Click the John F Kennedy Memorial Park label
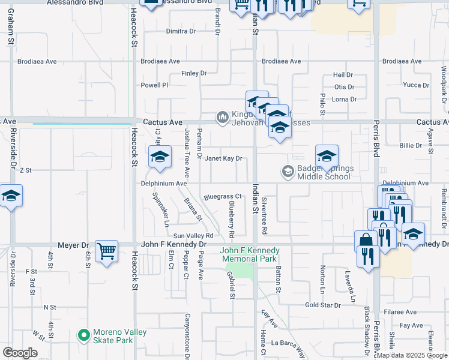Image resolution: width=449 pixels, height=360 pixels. [250, 254]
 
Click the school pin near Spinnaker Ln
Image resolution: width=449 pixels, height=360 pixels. [160, 157]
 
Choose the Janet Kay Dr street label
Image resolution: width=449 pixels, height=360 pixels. [223, 159]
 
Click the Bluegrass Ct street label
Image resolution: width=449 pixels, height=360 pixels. [222, 196]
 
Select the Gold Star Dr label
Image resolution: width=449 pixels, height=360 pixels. [322, 305]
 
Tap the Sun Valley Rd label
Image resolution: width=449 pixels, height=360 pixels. [193, 236]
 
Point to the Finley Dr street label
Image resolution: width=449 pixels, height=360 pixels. [194, 73]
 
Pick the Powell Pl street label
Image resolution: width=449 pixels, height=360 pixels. [154, 85]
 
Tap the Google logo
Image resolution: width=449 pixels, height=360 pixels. [20, 353]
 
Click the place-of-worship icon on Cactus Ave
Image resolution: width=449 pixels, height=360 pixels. [223, 116]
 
